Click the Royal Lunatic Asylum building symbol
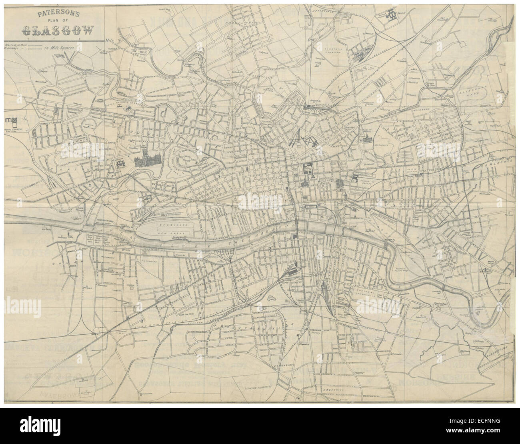(x=11, y=120)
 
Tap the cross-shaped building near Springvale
(x=391, y=14)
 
